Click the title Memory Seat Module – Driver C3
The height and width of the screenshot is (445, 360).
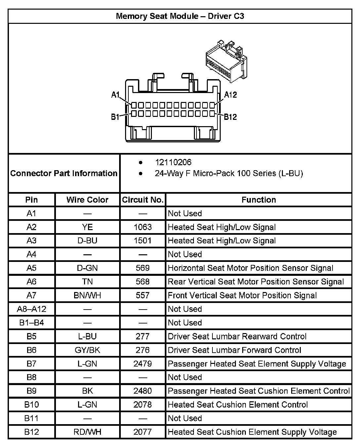coord(180,16)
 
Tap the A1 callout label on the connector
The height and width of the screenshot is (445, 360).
coord(115,95)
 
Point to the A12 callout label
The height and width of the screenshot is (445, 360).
coord(231,95)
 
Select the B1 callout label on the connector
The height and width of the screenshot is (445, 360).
coord(115,117)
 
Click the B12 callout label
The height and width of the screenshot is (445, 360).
coord(230,117)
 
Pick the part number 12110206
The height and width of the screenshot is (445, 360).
coord(173,162)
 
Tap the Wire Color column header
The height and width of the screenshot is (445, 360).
coord(87,200)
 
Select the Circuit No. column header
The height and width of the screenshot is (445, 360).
coord(143,200)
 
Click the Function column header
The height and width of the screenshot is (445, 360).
coord(258,200)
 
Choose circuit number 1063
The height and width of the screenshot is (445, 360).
coord(143,227)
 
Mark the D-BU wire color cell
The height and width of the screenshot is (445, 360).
coord(87,241)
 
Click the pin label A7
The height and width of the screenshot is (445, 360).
coord(31,295)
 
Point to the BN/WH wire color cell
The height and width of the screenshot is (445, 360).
coord(87,295)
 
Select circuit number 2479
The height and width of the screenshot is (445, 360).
coord(143,364)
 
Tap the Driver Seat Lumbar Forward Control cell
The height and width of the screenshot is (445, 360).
coord(234,350)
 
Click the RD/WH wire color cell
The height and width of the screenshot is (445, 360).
coord(87,432)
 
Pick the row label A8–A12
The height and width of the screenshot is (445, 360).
coord(31,309)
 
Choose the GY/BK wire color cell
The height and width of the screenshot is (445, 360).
coord(87,350)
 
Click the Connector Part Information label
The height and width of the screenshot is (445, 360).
coord(64,173)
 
